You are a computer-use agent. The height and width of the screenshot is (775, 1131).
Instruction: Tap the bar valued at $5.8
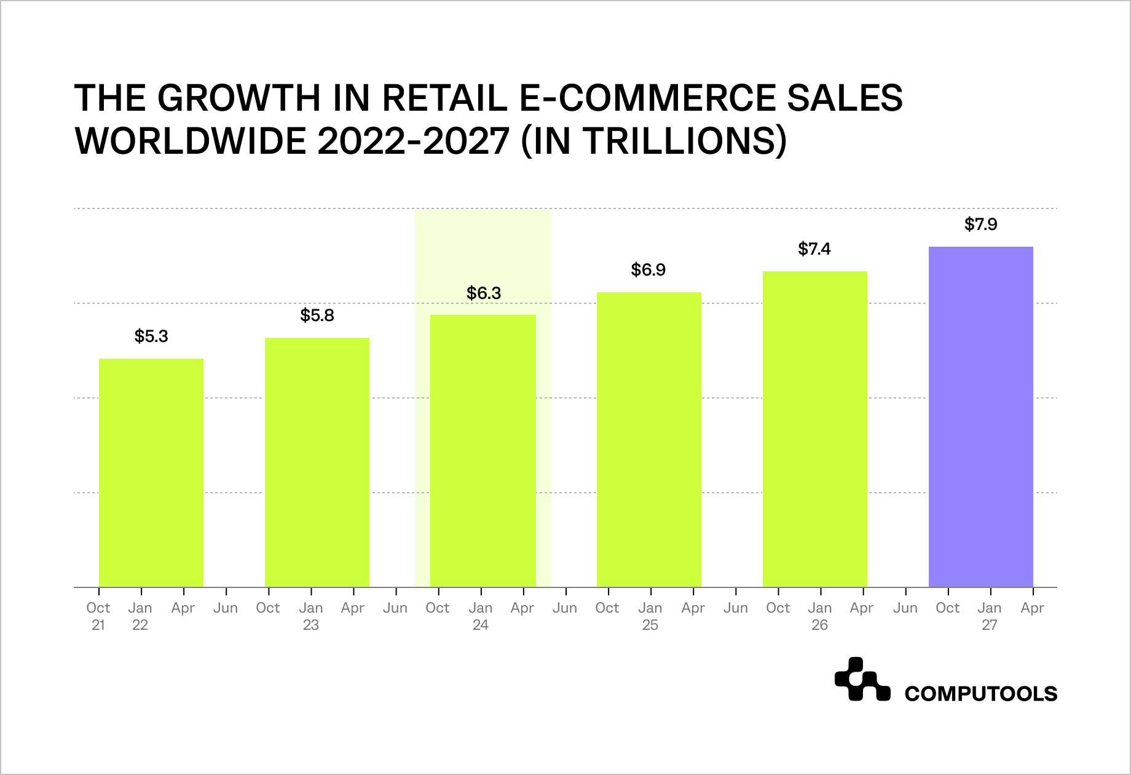(317, 462)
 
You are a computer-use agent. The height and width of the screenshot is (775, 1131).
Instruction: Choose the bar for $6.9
(649, 439)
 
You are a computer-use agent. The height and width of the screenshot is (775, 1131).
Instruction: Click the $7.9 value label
(980, 225)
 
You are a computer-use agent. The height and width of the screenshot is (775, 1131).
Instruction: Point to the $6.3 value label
(484, 293)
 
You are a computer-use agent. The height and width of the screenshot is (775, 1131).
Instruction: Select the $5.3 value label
(151, 336)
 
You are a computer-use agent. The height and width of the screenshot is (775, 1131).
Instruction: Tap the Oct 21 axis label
(98, 616)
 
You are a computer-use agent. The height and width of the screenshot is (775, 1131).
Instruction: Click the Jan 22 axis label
(140, 616)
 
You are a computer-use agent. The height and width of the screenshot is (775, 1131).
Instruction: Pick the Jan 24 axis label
(481, 616)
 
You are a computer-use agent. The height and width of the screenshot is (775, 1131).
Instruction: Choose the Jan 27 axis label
(990, 616)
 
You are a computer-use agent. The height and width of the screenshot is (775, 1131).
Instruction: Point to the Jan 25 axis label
(650, 616)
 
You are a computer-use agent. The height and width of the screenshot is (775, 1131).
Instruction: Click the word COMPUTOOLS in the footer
(980, 694)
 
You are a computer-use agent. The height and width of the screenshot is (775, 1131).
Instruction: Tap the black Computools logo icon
(862, 680)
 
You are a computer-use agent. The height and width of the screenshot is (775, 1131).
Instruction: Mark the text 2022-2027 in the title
(414, 141)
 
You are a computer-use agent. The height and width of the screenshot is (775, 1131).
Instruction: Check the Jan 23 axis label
(311, 616)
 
